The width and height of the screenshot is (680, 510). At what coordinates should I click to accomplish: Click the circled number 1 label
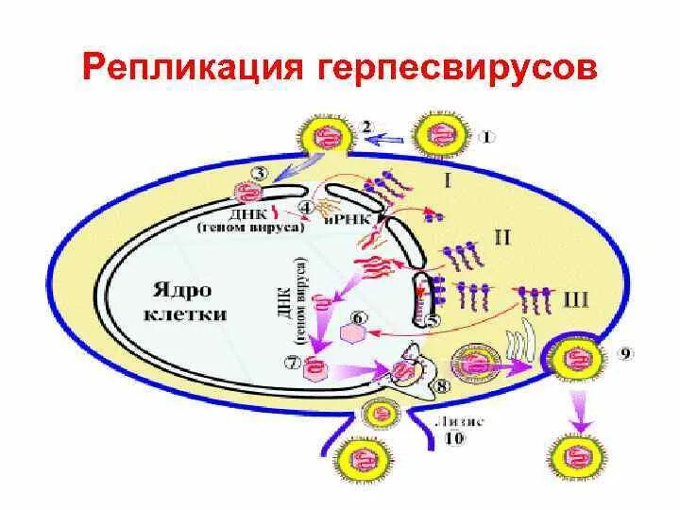[x=485, y=136]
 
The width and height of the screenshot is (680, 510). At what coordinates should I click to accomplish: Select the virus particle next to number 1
[x=438, y=133]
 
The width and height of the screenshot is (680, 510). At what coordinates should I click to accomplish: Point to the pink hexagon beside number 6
[x=352, y=334]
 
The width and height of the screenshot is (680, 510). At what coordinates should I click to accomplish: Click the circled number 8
[x=442, y=385]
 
